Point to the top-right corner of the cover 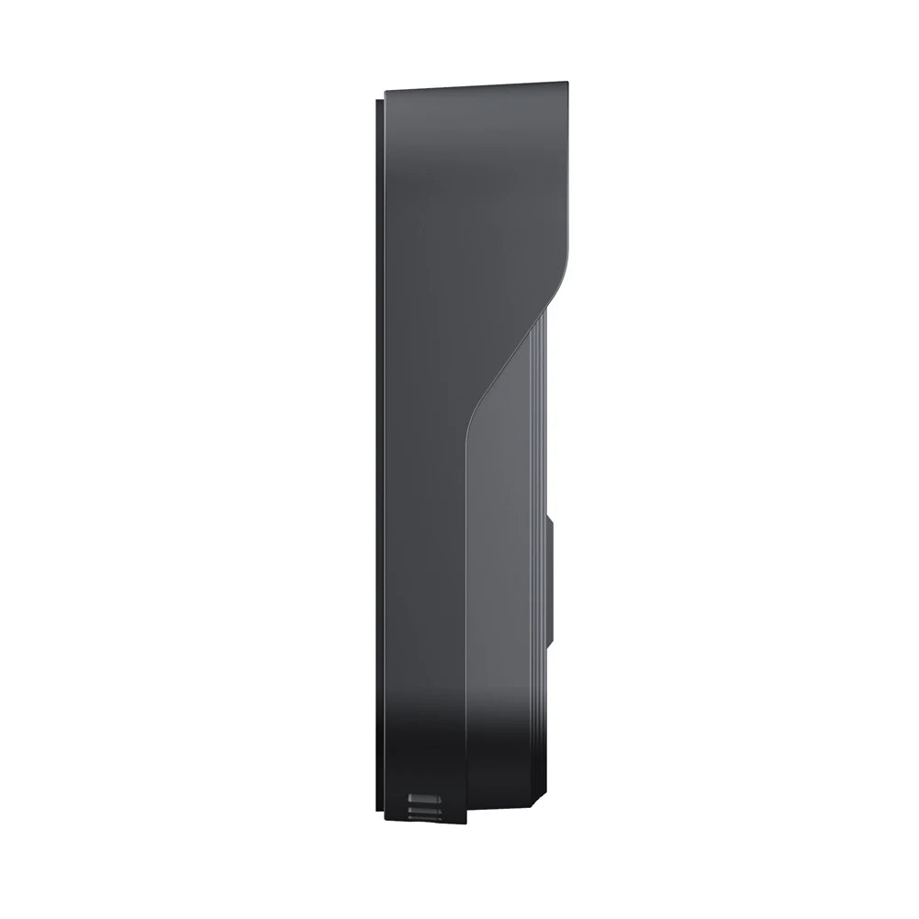tap(566, 84)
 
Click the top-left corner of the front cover tap(386, 93)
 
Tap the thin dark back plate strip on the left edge tap(379, 459)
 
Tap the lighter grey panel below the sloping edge tap(500, 551)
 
